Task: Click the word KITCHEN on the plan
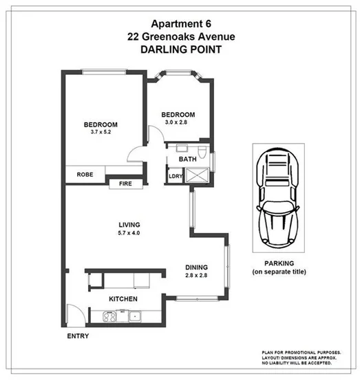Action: pyautogui.click(x=123, y=299)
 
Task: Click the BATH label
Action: pyautogui.click(x=187, y=159)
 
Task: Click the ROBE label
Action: pyautogui.click(x=85, y=175)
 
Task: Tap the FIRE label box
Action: pyautogui.click(x=125, y=184)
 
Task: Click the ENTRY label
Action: pyautogui.click(x=77, y=337)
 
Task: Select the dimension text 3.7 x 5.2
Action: pyautogui.click(x=100, y=132)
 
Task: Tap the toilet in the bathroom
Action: pyautogui.click(x=201, y=148)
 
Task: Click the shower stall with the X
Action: pyautogui.click(x=198, y=176)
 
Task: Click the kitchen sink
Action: pyautogui.click(x=135, y=316)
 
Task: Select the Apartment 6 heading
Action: pyautogui.click(x=178, y=24)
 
